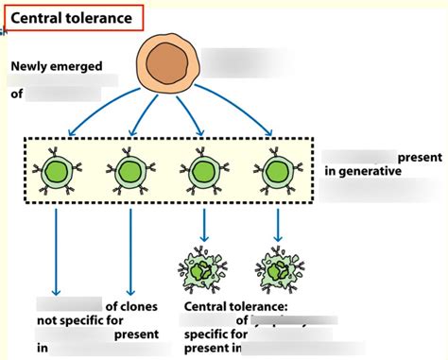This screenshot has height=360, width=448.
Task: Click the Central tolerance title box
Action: [x=72, y=16]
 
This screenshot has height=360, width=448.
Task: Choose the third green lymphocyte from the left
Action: [x=204, y=172]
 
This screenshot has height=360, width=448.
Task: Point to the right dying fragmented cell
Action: [x=277, y=269]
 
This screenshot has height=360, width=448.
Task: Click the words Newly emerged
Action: [x=58, y=67]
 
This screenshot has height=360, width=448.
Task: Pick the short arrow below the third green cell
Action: [x=204, y=223]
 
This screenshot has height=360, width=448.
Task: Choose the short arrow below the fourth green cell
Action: [x=277, y=223]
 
